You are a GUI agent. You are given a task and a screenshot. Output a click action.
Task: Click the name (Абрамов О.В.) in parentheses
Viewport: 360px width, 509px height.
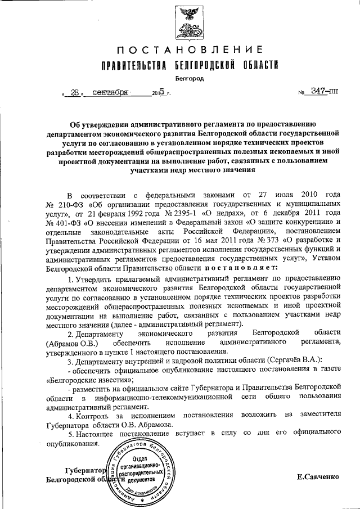pyautogui.click(x=74, y=342)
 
